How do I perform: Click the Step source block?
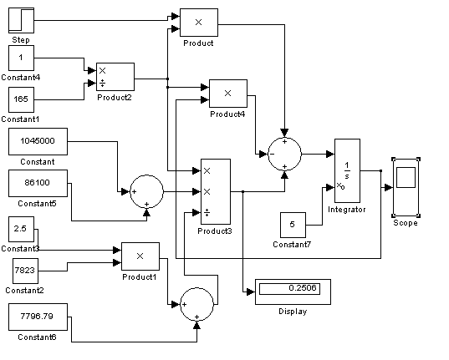[x=21, y=20]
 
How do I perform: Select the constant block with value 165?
[x=21, y=99]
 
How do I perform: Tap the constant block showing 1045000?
[x=38, y=141]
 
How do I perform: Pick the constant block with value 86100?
[x=38, y=183]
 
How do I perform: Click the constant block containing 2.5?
[x=21, y=229]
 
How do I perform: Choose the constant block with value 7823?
[x=25, y=271]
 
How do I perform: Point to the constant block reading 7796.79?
[x=38, y=317]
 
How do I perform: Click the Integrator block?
[x=347, y=170]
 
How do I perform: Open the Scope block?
[x=406, y=187]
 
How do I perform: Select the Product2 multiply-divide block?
[x=115, y=77]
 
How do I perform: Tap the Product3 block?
[x=216, y=191]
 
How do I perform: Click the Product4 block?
[x=228, y=94]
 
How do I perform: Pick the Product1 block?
[x=140, y=256]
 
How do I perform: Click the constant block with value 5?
[x=293, y=225]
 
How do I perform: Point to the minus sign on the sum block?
[x=272, y=154]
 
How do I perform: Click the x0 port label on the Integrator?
[x=340, y=186]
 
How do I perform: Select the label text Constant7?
[x=292, y=245]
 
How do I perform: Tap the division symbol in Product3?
[x=207, y=213]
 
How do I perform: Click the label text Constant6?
[x=37, y=337]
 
